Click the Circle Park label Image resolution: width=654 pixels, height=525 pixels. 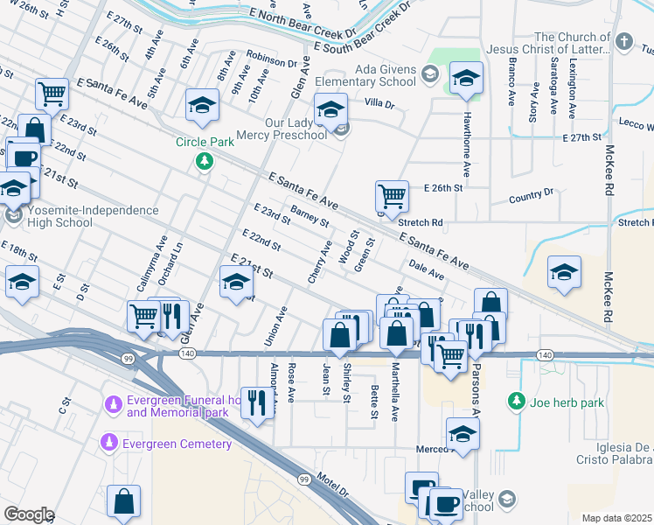tap(205, 141)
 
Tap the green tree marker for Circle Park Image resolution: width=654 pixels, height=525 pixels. tap(205, 160)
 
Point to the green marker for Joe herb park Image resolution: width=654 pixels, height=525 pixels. tap(517, 402)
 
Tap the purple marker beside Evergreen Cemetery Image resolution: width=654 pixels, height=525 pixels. tap(110, 443)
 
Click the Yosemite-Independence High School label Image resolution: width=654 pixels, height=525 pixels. tap(86, 216)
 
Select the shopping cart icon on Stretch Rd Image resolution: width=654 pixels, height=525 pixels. tap(392, 195)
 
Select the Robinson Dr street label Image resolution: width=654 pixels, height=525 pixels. tap(271, 61)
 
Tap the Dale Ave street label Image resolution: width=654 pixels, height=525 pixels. tap(427, 269)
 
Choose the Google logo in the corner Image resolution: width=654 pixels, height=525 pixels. tap(28, 514)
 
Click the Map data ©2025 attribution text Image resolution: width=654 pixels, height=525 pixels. tap(616, 518)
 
